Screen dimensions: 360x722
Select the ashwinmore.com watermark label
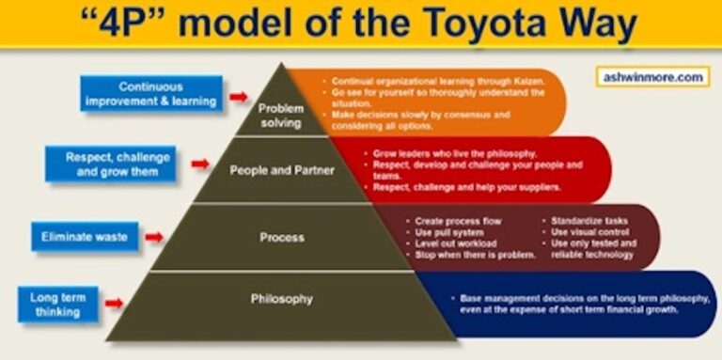tap(650, 77)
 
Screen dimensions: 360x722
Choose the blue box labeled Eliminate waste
tap(85, 237)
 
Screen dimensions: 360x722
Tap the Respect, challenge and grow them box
tap(111, 164)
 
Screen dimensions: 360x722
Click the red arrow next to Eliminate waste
tap(153, 237)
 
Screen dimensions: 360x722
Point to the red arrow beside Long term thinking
tap(113, 303)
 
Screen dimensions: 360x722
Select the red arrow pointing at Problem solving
tap(238, 96)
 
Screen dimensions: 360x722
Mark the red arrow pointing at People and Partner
tap(198, 164)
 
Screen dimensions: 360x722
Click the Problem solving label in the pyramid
tap(280, 116)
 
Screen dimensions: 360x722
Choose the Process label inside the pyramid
tap(281, 237)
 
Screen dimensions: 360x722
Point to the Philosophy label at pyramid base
tap(281, 299)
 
